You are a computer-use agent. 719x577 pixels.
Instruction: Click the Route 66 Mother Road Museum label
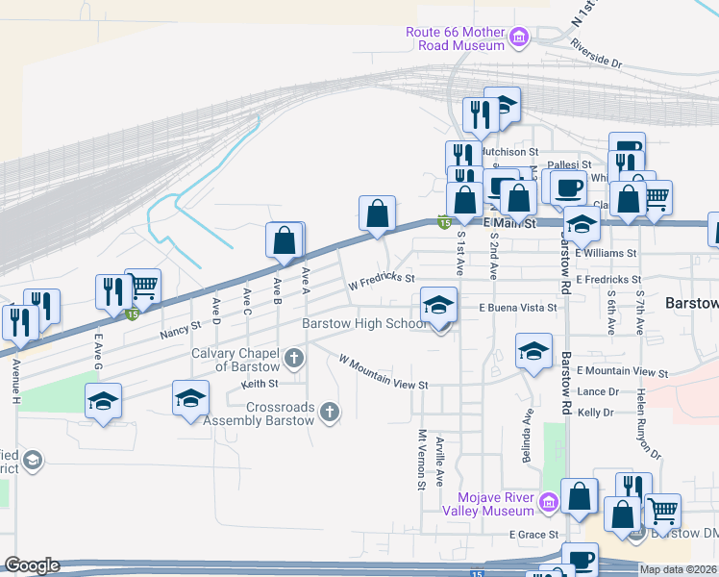[456, 38]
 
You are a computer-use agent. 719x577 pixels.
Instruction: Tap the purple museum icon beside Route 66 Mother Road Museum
[519, 38]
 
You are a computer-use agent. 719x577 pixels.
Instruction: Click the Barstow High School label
[364, 323]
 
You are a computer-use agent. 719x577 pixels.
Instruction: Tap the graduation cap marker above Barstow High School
[438, 305]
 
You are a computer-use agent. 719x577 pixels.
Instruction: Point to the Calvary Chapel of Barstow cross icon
[294, 361]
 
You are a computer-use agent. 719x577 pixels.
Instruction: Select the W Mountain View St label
[383, 372]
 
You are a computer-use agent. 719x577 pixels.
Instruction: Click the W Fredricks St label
[381, 280]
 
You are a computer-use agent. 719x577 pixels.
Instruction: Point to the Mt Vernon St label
[421, 460]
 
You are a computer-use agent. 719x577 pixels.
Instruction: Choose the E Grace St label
[534, 534]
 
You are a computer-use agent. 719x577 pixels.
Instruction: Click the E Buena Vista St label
[518, 308]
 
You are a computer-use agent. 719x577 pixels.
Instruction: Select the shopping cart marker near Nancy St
[142, 285]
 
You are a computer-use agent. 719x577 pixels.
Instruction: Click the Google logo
[32, 565]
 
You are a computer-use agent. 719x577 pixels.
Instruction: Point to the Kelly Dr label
[595, 412]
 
